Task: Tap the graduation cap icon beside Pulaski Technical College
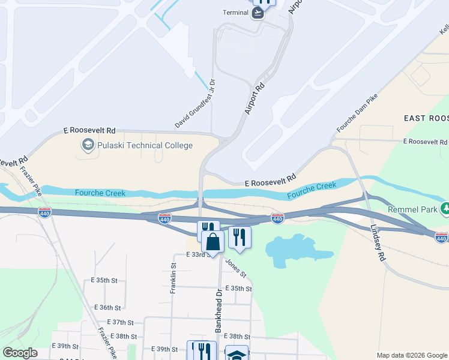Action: coord(88,145)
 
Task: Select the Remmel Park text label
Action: coord(414,209)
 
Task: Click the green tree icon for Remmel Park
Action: coord(445,209)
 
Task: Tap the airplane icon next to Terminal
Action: coord(258,13)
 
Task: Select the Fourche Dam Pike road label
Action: coord(357,113)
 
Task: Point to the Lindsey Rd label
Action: coord(376,243)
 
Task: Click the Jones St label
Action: coord(235,268)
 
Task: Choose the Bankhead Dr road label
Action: coord(218,312)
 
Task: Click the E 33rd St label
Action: coord(199,255)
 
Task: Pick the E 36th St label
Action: coord(109,307)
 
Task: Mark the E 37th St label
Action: coord(109,322)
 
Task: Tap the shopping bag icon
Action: coord(212,242)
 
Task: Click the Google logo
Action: coord(20,353)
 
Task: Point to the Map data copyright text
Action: coord(412,355)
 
